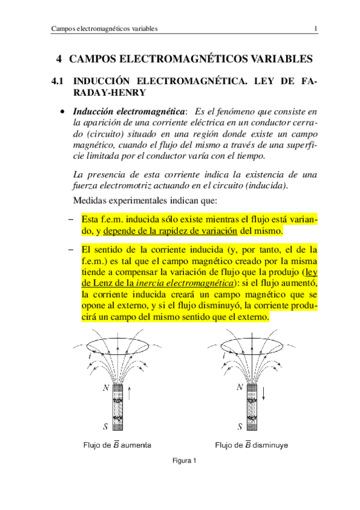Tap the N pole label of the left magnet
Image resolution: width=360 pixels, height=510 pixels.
tap(106, 389)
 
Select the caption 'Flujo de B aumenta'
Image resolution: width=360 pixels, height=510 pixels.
tap(117, 446)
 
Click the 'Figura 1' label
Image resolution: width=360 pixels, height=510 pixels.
tap(185, 461)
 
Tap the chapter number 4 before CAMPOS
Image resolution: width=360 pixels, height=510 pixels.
tap(59, 59)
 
